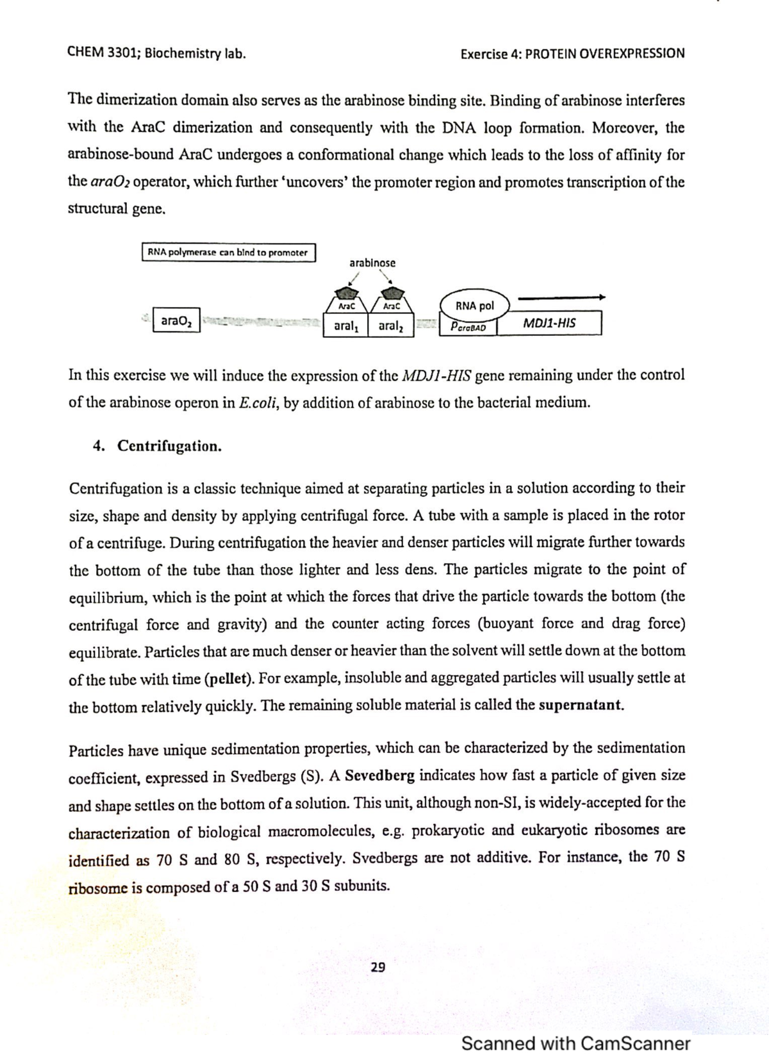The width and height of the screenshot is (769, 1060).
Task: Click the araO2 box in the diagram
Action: (x=176, y=320)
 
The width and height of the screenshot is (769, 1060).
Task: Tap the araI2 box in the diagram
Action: (x=390, y=326)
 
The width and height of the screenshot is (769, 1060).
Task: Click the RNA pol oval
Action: (x=475, y=306)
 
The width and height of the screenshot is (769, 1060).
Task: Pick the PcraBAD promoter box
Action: (x=468, y=327)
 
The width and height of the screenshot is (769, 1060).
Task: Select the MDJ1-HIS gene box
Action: (x=549, y=323)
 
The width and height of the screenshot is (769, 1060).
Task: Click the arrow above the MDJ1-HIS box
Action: (x=561, y=297)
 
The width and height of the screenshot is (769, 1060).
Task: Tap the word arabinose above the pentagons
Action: (x=372, y=263)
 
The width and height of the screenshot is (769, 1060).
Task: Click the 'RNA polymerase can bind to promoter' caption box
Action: (x=227, y=253)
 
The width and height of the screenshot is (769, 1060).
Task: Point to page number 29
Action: (x=378, y=967)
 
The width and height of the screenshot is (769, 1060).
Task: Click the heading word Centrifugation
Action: (x=169, y=446)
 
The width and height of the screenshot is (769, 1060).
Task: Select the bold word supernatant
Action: (x=581, y=706)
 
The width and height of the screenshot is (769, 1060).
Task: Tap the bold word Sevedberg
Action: (x=379, y=775)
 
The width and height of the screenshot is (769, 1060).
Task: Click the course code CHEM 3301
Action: (x=101, y=53)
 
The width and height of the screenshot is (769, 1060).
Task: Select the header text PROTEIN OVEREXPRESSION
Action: (x=604, y=54)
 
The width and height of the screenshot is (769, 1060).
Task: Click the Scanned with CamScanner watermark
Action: (x=575, y=1043)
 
